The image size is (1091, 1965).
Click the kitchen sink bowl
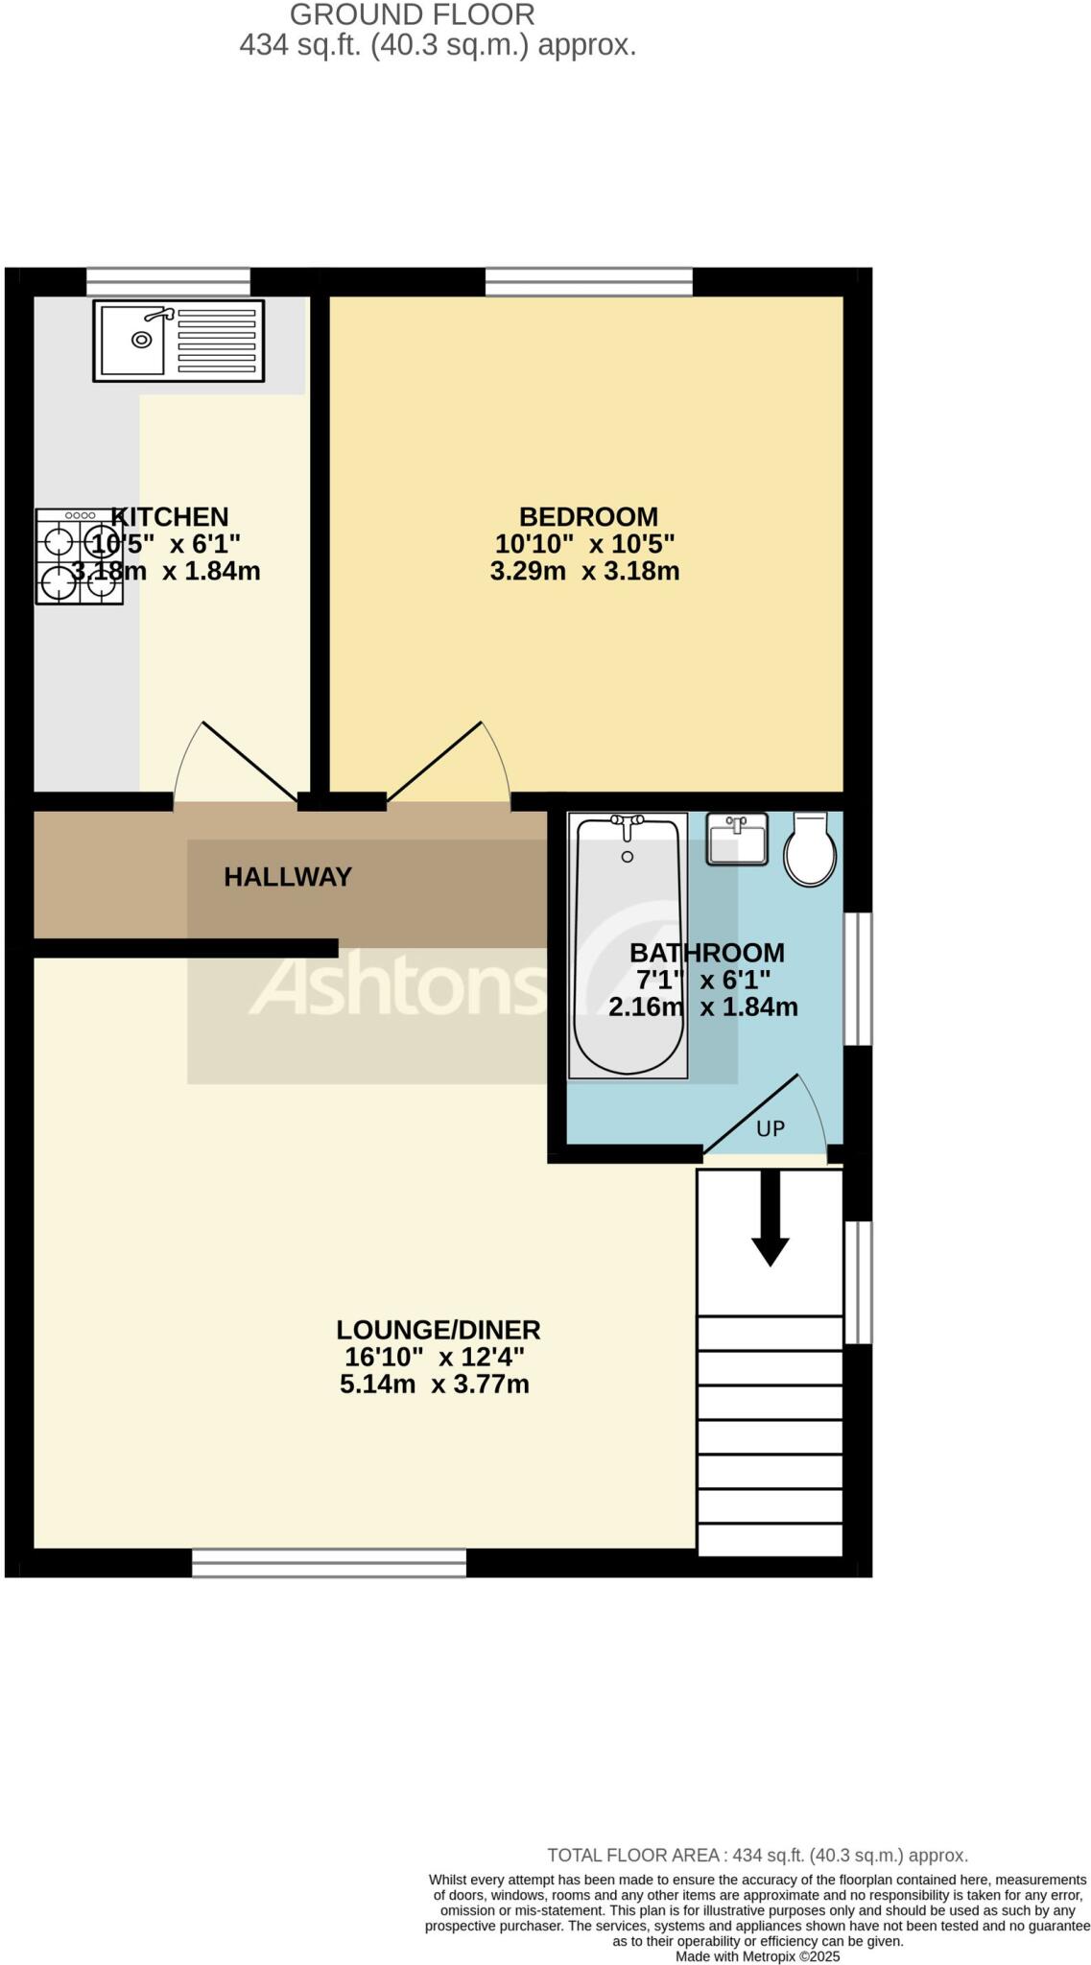coord(141,339)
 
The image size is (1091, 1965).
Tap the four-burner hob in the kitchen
coord(79,556)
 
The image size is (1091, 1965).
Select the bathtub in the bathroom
coord(628,945)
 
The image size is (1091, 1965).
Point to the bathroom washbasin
coord(737,838)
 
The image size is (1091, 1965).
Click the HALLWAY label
coord(288,876)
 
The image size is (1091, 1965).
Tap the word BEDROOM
coord(588,516)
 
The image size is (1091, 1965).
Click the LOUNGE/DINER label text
coord(438,1330)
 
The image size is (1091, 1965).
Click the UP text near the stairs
coord(771,1128)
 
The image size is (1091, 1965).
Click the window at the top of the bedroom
coord(588,281)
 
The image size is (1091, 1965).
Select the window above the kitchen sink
coord(168,281)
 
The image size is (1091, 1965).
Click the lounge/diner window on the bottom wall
coord(328,1562)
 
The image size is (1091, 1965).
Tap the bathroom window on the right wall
coord(858,978)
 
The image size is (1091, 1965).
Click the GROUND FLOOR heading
coord(412,15)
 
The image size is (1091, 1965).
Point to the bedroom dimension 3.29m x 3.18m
coord(584,571)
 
